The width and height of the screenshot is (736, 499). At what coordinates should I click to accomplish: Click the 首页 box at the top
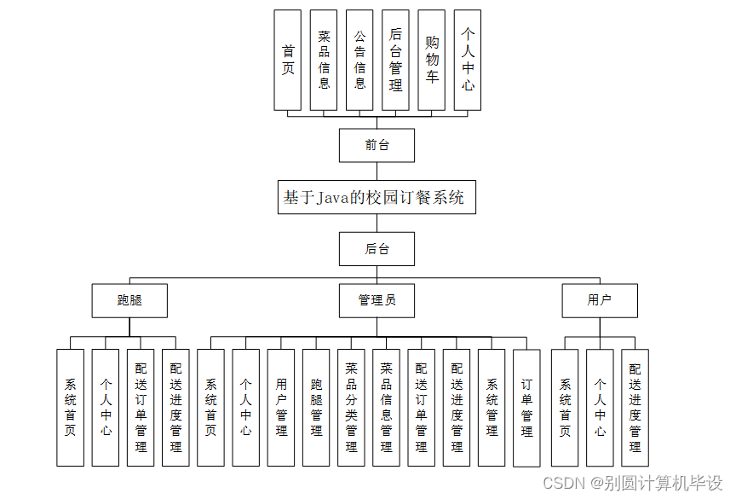pyautogui.click(x=288, y=60)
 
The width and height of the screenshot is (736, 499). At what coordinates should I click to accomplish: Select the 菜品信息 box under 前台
pyautogui.click(x=324, y=60)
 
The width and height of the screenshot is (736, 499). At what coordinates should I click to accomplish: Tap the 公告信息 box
pyautogui.click(x=359, y=60)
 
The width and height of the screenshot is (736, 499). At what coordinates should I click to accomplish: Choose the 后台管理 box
pyautogui.click(x=395, y=60)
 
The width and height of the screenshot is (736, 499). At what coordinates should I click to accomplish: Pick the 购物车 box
pyautogui.click(x=432, y=60)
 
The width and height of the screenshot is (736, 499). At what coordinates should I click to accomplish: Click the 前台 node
pyautogui.click(x=377, y=145)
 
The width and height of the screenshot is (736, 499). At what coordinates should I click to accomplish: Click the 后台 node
pyautogui.click(x=377, y=249)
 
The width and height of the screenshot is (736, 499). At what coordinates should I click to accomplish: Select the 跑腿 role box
pyautogui.click(x=129, y=300)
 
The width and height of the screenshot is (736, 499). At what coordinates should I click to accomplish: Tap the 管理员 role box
pyautogui.click(x=377, y=300)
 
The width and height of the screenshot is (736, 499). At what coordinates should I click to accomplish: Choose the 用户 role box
pyautogui.click(x=600, y=300)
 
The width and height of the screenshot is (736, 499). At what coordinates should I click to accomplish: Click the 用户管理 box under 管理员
pyautogui.click(x=281, y=408)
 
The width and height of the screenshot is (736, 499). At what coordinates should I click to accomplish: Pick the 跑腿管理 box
pyautogui.click(x=316, y=408)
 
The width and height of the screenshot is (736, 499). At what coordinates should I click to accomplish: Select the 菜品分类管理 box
pyautogui.click(x=351, y=408)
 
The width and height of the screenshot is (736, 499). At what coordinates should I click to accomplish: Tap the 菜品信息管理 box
pyautogui.click(x=386, y=408)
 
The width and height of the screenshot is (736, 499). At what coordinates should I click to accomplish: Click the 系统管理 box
pyautogui.click(x=492, y=408)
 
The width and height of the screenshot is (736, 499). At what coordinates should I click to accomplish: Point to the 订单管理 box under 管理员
pyautogui.click(x=526, y=408)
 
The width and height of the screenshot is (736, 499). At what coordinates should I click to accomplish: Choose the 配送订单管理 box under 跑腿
pyautogui.click(x=141, y=408)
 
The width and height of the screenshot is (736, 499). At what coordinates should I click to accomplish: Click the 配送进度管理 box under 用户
pyautogui.click(x=635, y=408)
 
